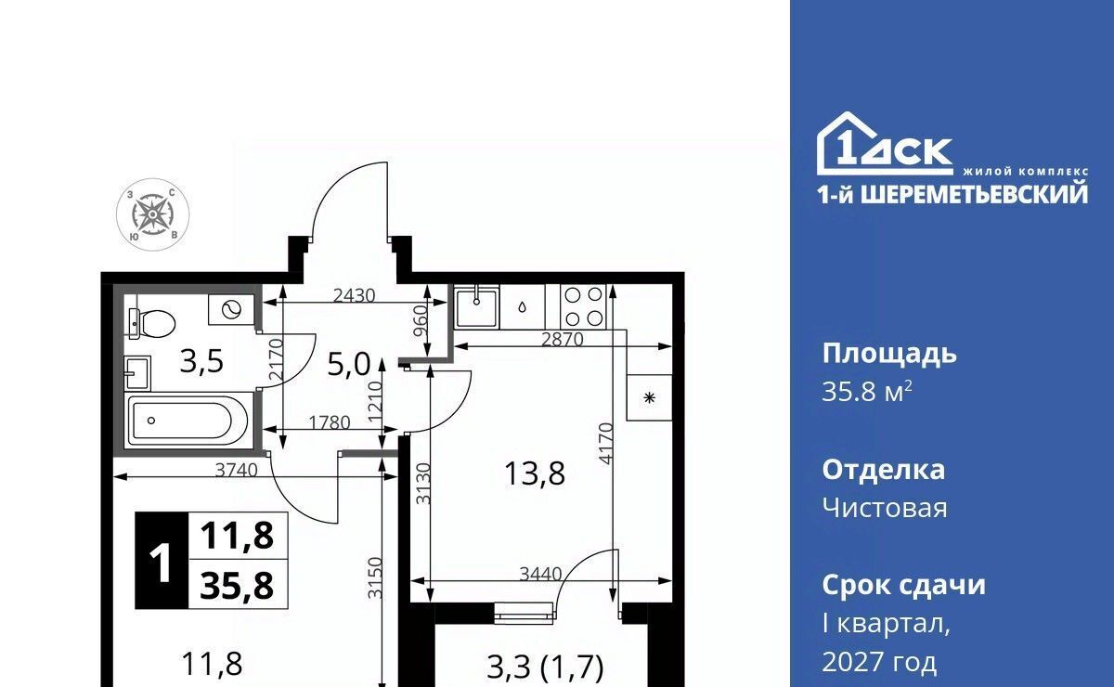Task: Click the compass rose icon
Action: click(x=152, y=214)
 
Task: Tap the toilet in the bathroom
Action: click(x=151, y=323)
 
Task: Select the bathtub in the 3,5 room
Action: click(x=188, y=421)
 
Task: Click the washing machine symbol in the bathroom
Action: click(x=231, y=309)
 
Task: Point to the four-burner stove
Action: click(x=583, y=306)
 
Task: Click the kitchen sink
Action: click(x=476, y=307)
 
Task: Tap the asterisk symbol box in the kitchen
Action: click(x=649, y=398)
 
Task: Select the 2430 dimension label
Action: click(x=354, y=296)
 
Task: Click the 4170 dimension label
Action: click(x=605, y=445)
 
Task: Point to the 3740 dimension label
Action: click(x=236, y=470)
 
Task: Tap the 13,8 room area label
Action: click(x=535, y=473)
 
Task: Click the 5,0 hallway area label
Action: click(x=349, y=365)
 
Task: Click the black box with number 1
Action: click(x=162, y=561)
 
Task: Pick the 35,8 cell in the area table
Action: click(x=237, y=586)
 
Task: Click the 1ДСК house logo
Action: click(x=885, y=144)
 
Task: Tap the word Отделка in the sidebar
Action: click(x=883, y=470)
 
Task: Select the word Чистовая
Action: click(x=885, y=509)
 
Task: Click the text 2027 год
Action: click(x=879, y=662)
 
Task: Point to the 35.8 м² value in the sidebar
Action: click(x=867, y=393)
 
